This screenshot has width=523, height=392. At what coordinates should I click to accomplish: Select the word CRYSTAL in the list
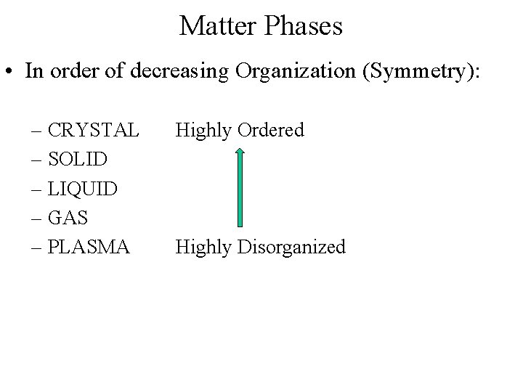click(93, 131)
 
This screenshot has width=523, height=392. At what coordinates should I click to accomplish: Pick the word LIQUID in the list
click(82, 189)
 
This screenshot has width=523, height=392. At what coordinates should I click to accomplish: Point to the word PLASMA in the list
click(88, 247)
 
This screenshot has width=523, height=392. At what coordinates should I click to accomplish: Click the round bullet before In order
click(12, 72)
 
